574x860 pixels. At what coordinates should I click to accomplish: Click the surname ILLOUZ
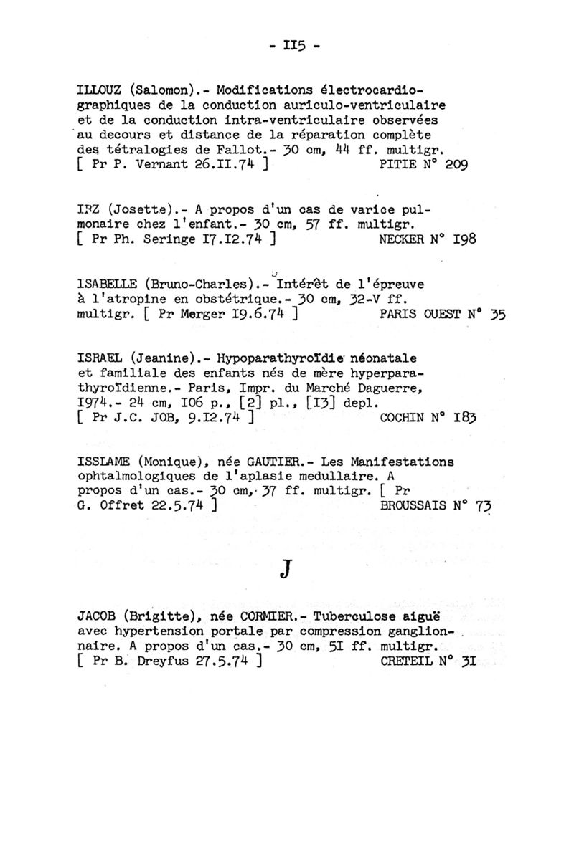point(100,91)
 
